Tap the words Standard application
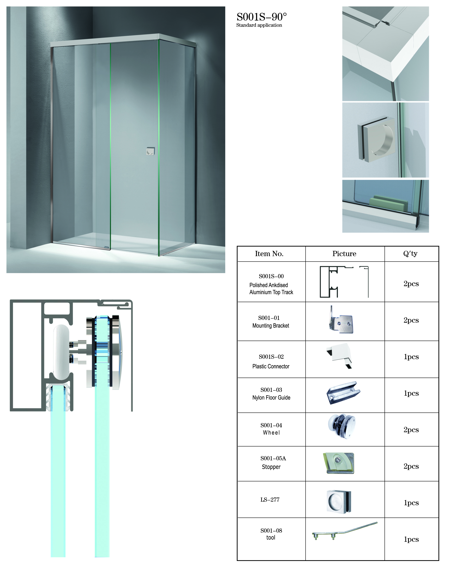(259, 25)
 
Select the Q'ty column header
(410, 254)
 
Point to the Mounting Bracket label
(271, 326)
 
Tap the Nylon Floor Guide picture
(343, 393)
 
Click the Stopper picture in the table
(338, 463)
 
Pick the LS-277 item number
(270, 500)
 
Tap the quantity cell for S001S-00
(411, 284)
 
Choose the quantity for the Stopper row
(411, 466)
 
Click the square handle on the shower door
(150, 151)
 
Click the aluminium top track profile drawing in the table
(344, 282)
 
